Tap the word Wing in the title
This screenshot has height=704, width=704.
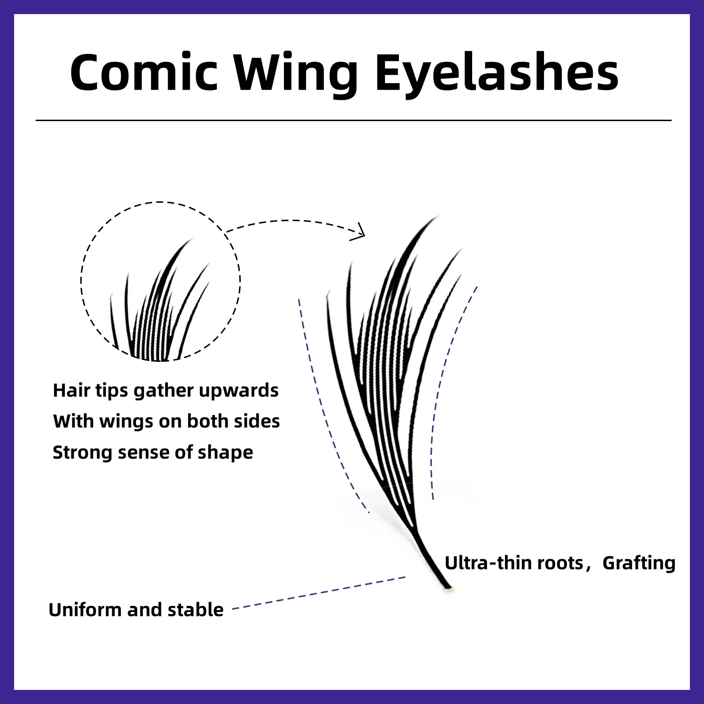(x=296, y=74)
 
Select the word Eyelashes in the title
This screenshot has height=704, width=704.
(x=497, y=73)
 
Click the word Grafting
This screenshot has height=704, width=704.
(x=639, y=563)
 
